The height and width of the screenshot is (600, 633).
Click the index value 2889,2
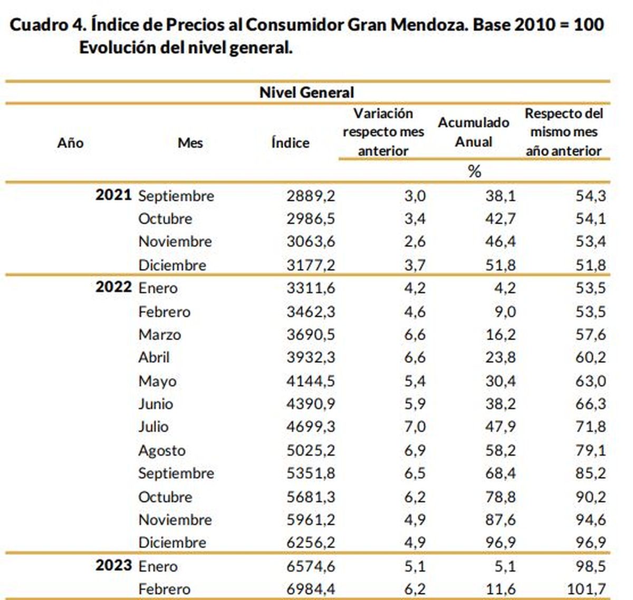tap(310, 196)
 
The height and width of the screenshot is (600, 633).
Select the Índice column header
tap(290, 142)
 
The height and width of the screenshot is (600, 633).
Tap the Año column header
tap(70, 142)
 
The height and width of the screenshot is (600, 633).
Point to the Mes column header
tap(190, 142)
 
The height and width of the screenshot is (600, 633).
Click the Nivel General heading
tap(306, 93)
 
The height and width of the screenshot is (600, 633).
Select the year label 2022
tap(113, 287)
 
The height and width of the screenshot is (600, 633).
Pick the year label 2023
tap(113, 566)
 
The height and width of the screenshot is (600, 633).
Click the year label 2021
tap(113, 195)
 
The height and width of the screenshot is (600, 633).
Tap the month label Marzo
tap(159, 335)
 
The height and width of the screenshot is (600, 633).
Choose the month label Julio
tap(153, 427)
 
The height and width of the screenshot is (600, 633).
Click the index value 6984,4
tap(310, 589)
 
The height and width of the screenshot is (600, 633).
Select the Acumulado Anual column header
tap(473, 132)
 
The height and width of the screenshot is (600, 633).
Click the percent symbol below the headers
tap(474, 171)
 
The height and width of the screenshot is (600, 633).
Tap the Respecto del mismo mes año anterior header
tap(563, 132)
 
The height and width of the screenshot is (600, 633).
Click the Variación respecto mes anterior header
tap(383, 132)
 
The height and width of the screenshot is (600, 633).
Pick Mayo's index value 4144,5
tap(310, 381)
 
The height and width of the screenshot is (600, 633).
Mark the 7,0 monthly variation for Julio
tap(415, 427)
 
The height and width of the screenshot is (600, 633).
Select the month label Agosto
tap(161, 451)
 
